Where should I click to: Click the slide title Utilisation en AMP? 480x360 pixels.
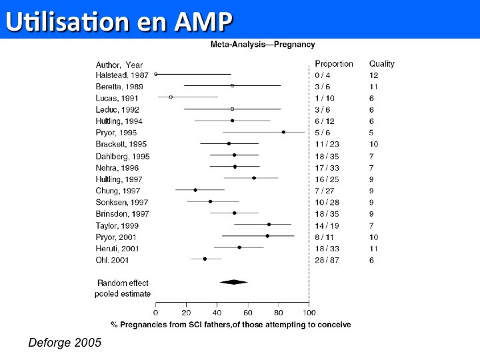click(119, 21)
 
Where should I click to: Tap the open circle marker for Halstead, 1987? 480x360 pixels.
click(156, 74)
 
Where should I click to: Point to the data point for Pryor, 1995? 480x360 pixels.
click(283, 132)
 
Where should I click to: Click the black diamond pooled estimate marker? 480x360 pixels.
click(233, 282)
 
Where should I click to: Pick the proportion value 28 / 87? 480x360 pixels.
click(329, 259)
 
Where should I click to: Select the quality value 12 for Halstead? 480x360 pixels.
click(374, 75)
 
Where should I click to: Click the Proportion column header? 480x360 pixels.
click(334, 64)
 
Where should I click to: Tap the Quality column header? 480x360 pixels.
click(382, 64)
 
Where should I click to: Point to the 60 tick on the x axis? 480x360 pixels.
click(247, 312)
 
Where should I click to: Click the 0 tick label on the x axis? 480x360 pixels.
click(155, 312)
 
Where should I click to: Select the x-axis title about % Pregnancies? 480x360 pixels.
click(231, 324)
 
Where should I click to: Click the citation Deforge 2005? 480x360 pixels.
click(65, 343)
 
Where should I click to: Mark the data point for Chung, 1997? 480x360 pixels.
click(195, 190)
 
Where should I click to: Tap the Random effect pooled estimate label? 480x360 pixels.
click(123, 288)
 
